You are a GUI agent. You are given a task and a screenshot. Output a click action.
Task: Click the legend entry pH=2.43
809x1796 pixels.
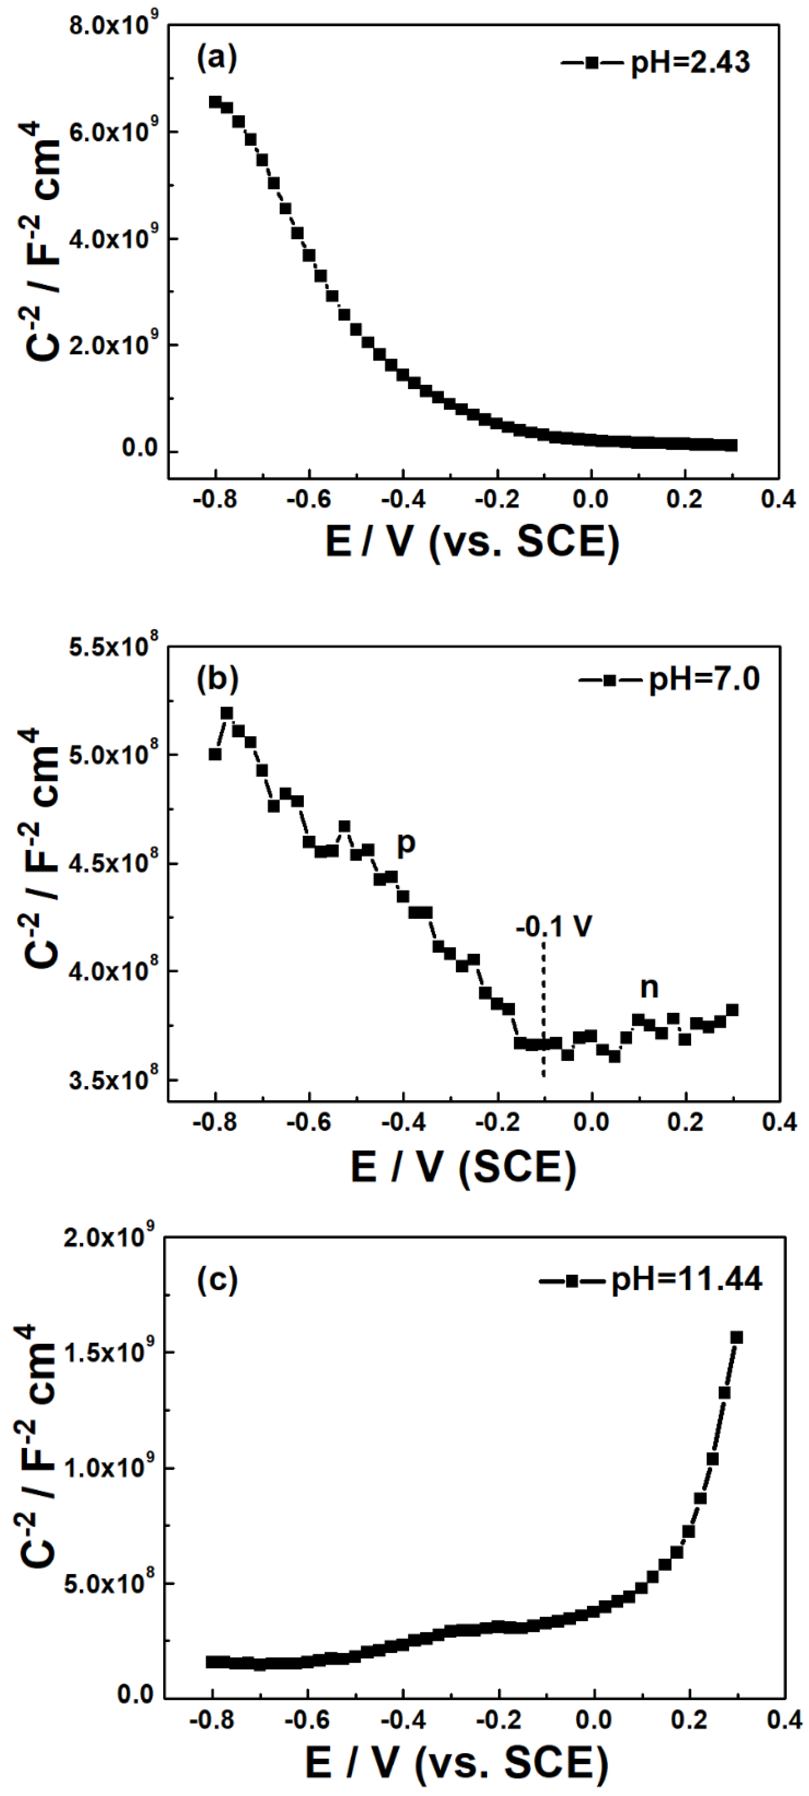click(x=655, y=63)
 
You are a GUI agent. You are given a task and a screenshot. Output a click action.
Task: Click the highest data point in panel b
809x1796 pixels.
click(x=227, y=713)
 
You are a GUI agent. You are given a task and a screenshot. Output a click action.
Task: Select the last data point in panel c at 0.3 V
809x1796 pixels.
click(x=736, y=1337)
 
